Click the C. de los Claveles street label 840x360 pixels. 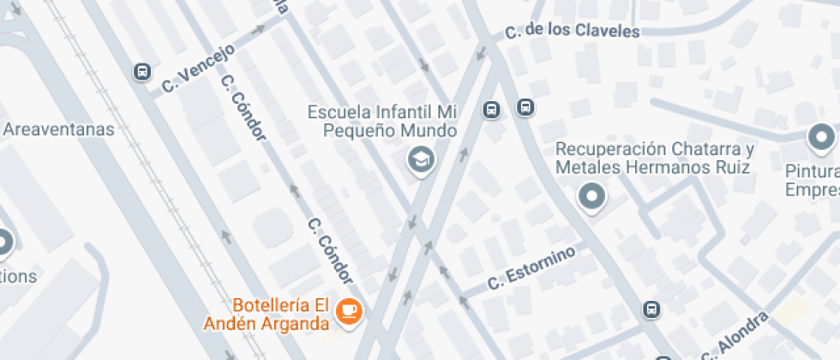(x=572, y=32)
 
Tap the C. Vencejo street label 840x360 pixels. (x=197, y=68)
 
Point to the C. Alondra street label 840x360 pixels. (x=734, y=337)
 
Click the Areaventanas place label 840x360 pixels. (x=58, y=130)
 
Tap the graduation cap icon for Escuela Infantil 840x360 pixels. (x=420, y=159)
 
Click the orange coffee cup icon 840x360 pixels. (x=348, y=311)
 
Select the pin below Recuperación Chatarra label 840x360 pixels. (x=591, y=197)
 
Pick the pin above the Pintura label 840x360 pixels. (x=821, y=137)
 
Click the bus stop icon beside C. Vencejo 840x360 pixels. (x=142, y=72)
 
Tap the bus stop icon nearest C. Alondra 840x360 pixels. (x=651, y=309)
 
